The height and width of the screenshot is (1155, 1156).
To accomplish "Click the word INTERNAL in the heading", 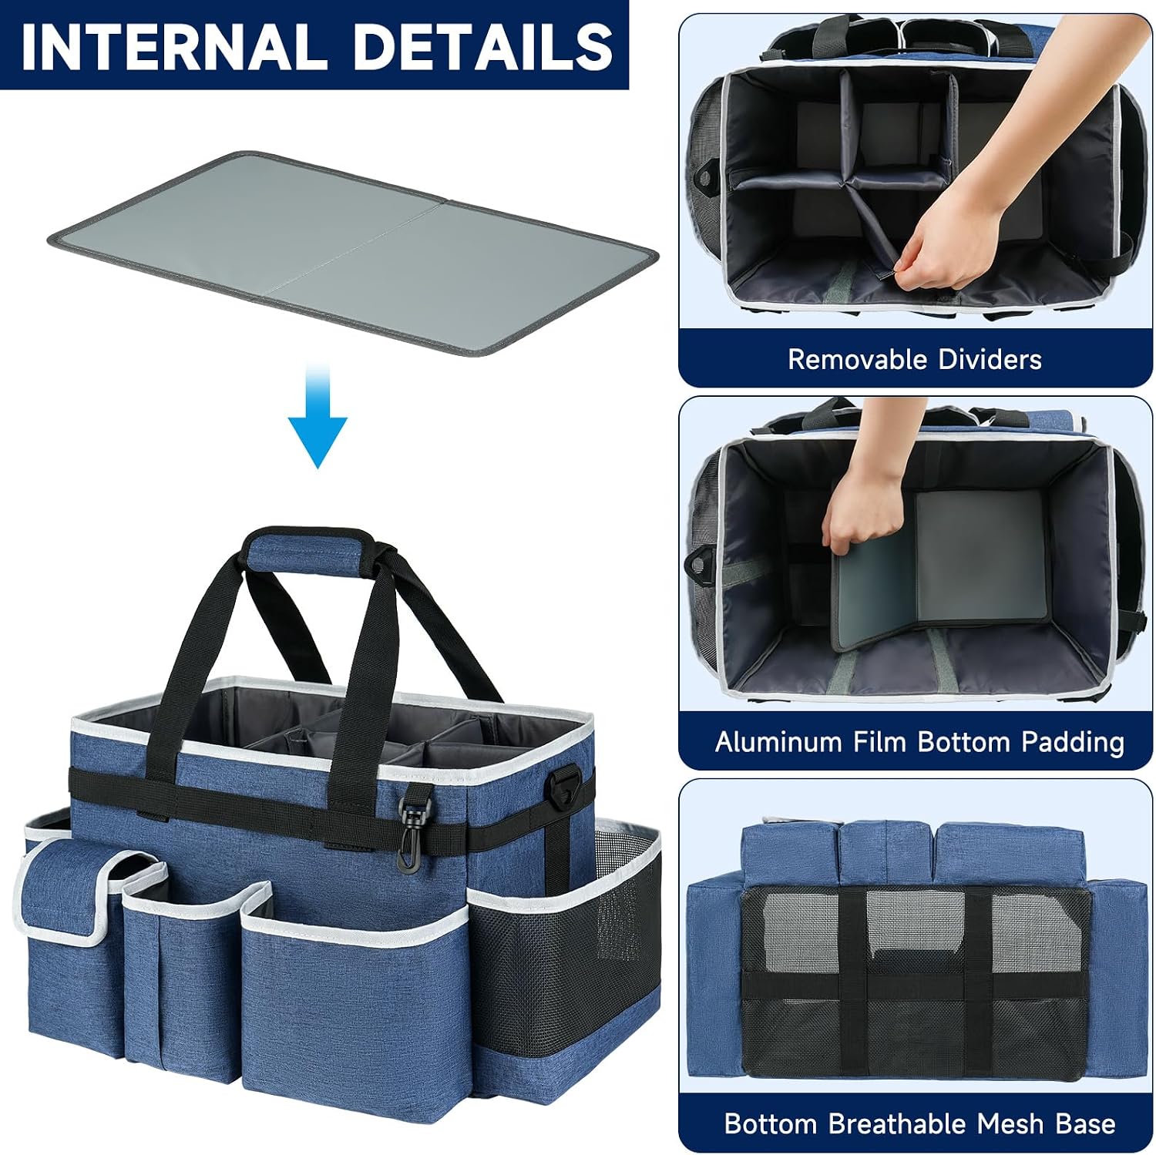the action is point(176,45).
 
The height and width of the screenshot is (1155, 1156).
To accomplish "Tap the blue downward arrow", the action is point(318,416).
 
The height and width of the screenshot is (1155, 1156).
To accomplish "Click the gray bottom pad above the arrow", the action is point(353,253).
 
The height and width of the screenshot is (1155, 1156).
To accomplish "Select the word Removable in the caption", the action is point(857,359).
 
